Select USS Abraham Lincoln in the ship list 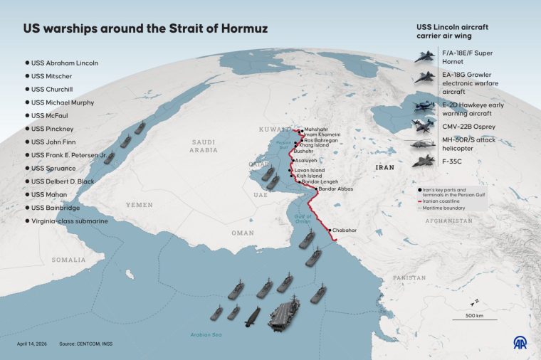coord(64,63)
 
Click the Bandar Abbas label coord(336,189)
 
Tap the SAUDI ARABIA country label coord(203,147)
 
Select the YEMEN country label coord(140,204)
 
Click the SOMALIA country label coord(68,260)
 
